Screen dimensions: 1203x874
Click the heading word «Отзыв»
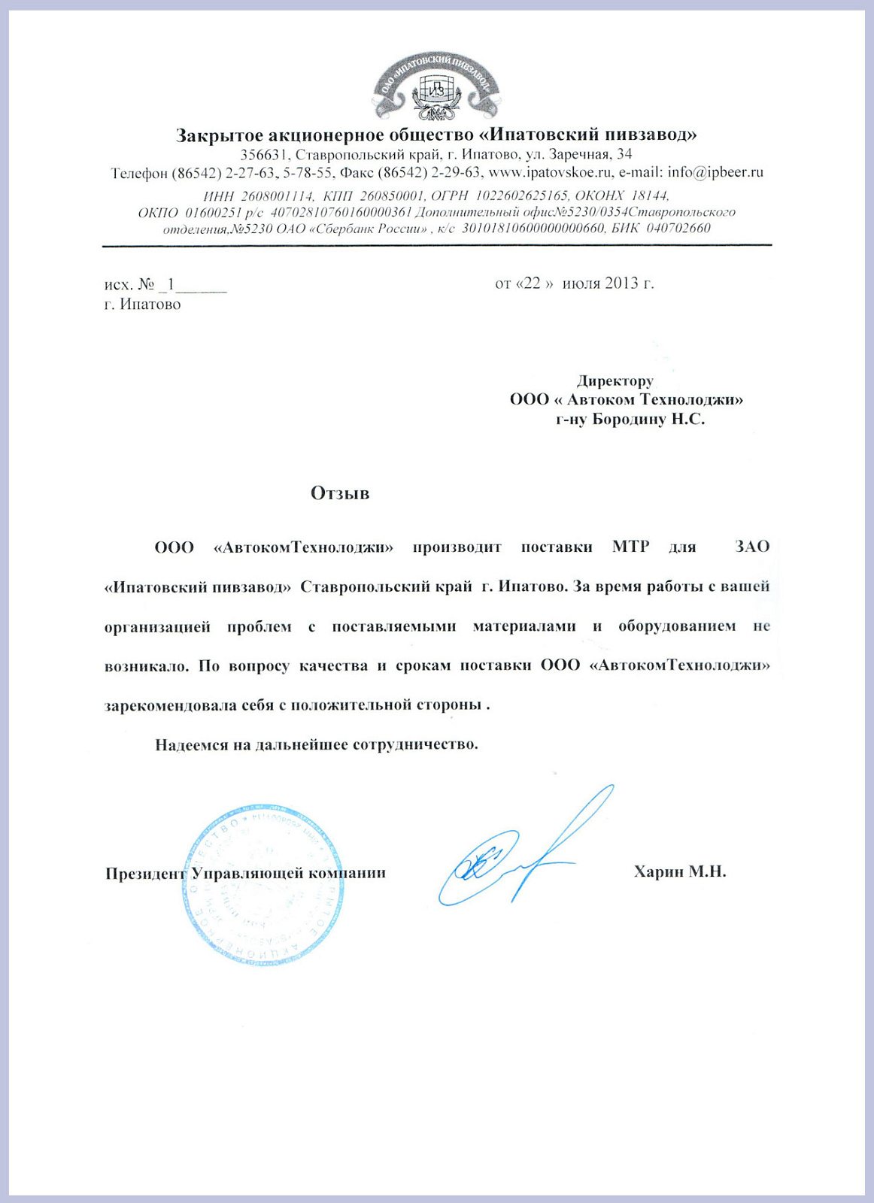[340, 493]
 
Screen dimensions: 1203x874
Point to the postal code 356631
[264, 154]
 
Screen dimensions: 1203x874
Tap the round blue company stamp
[263, 884]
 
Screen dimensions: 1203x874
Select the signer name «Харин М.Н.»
[679, 871]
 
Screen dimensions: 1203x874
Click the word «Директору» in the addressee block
[615, 380]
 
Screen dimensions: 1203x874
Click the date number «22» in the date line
[532, 283]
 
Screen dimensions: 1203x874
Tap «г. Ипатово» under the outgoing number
[143, 305]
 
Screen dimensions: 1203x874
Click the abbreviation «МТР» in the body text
[630, 547]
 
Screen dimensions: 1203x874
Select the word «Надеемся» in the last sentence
[191, 744]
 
